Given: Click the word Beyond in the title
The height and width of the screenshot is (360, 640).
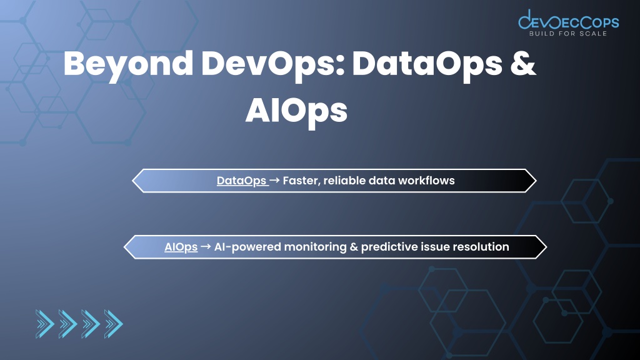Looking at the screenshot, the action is coord(128,65).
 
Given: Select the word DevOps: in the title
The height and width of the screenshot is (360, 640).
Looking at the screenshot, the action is coord(273,65).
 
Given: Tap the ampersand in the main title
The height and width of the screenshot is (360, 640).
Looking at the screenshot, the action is coord(523,63).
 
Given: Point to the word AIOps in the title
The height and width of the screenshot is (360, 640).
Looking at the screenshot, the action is coord(296,111).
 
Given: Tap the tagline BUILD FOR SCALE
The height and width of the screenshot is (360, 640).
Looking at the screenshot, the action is coord(568,34).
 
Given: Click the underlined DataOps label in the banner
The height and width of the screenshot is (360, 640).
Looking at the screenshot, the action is coord(242,181).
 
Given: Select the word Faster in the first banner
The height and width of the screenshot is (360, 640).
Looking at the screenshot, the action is coord(301,181).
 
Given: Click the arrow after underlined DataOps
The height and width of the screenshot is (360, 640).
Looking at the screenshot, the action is coord(275,180).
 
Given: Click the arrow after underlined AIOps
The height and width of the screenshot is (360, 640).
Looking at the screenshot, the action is coord(206,246).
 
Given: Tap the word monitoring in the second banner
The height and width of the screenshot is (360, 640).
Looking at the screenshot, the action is coord(315,247).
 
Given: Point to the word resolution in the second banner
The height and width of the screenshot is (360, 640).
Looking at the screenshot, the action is coord(481,246).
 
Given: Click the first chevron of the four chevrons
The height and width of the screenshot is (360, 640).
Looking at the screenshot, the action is coord(45,324).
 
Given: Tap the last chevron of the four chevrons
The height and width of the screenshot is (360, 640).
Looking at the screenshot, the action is coord(114,324).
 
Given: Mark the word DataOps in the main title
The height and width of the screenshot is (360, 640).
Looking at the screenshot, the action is coord(427,65).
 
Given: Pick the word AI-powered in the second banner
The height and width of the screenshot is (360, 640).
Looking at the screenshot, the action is coord(247,247).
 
